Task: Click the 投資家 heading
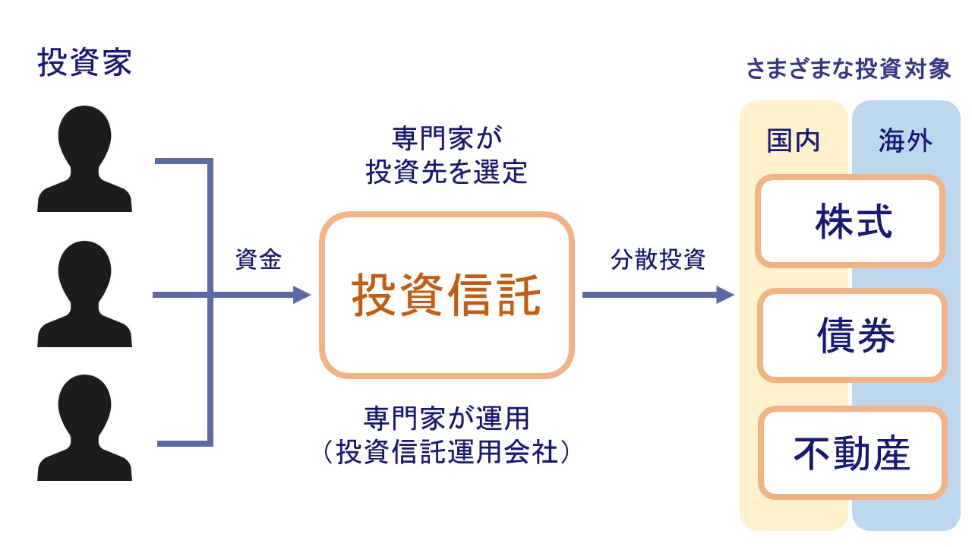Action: point(84,64)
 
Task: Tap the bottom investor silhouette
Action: point(84,429)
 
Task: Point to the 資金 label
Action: point(258,260)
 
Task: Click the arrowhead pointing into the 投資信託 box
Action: point(304,295)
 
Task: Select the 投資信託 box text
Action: point(446,296)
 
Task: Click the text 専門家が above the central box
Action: point(447,139)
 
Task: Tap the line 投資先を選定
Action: point(447,173)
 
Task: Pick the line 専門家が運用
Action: point(447,418)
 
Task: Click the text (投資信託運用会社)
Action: point(447,453)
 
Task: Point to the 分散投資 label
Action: point(658,260)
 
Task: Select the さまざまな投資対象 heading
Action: point(848,70)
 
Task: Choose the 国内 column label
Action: point(794,141)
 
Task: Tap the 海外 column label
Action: point(905,141)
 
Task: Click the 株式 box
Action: point(851,221)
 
